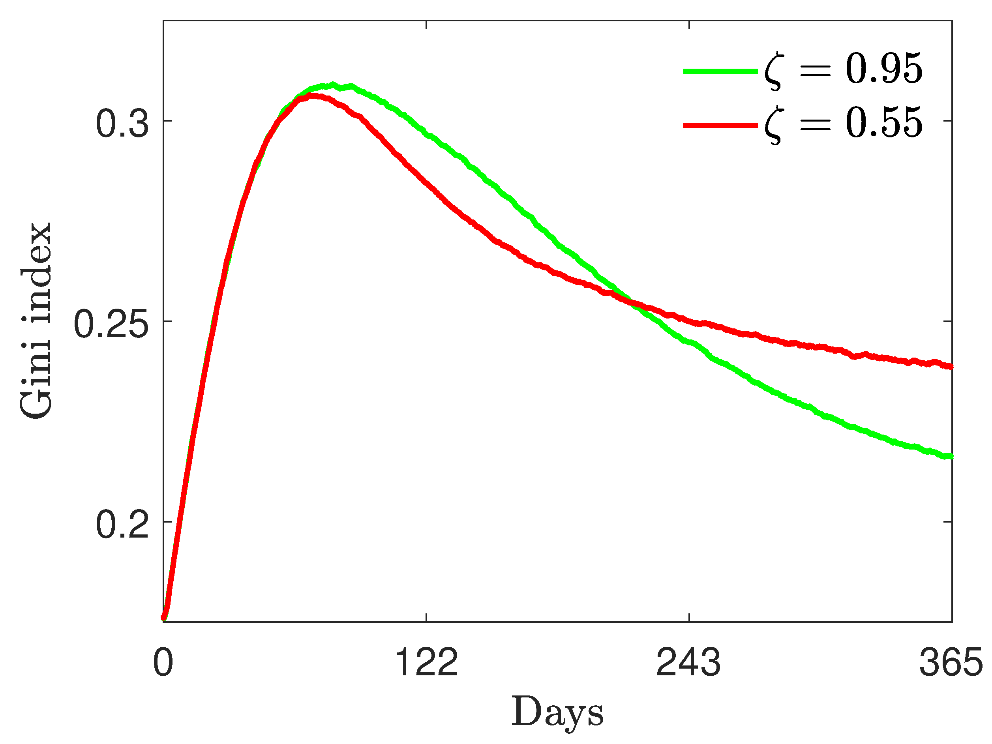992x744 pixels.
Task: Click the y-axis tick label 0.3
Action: (x=122, y=124)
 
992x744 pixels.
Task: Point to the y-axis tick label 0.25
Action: (x=111, y=325)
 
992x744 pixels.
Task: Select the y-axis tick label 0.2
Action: (x=122, y=525)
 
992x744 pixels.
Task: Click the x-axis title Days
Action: (x=557, y=712)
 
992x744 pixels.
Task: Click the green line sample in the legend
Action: (x=720, y=71)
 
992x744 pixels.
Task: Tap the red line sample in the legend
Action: (x=720, y=125)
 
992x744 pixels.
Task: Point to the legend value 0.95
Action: (x=884, y=69)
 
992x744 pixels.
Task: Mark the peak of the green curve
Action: (x=333, y=85)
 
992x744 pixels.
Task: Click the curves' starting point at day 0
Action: (x=164, y=618)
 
